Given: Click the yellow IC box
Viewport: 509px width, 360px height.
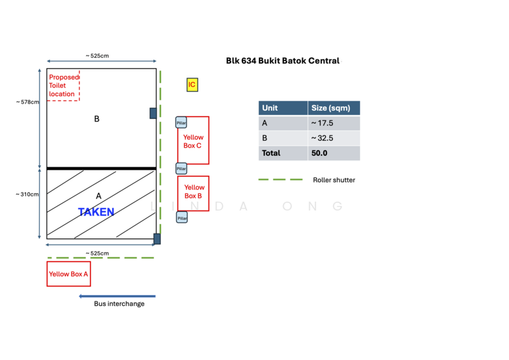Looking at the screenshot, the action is point(192,85).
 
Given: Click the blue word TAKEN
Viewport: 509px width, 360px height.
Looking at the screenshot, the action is point(96,212).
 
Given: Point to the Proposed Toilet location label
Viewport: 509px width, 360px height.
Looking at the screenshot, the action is point(64,86).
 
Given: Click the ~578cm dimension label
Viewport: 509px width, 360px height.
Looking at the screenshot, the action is point(27,102).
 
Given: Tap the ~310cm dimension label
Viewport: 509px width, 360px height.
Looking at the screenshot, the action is point(27,194).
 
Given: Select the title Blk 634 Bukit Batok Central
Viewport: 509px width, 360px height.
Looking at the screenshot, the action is point(282,60).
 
